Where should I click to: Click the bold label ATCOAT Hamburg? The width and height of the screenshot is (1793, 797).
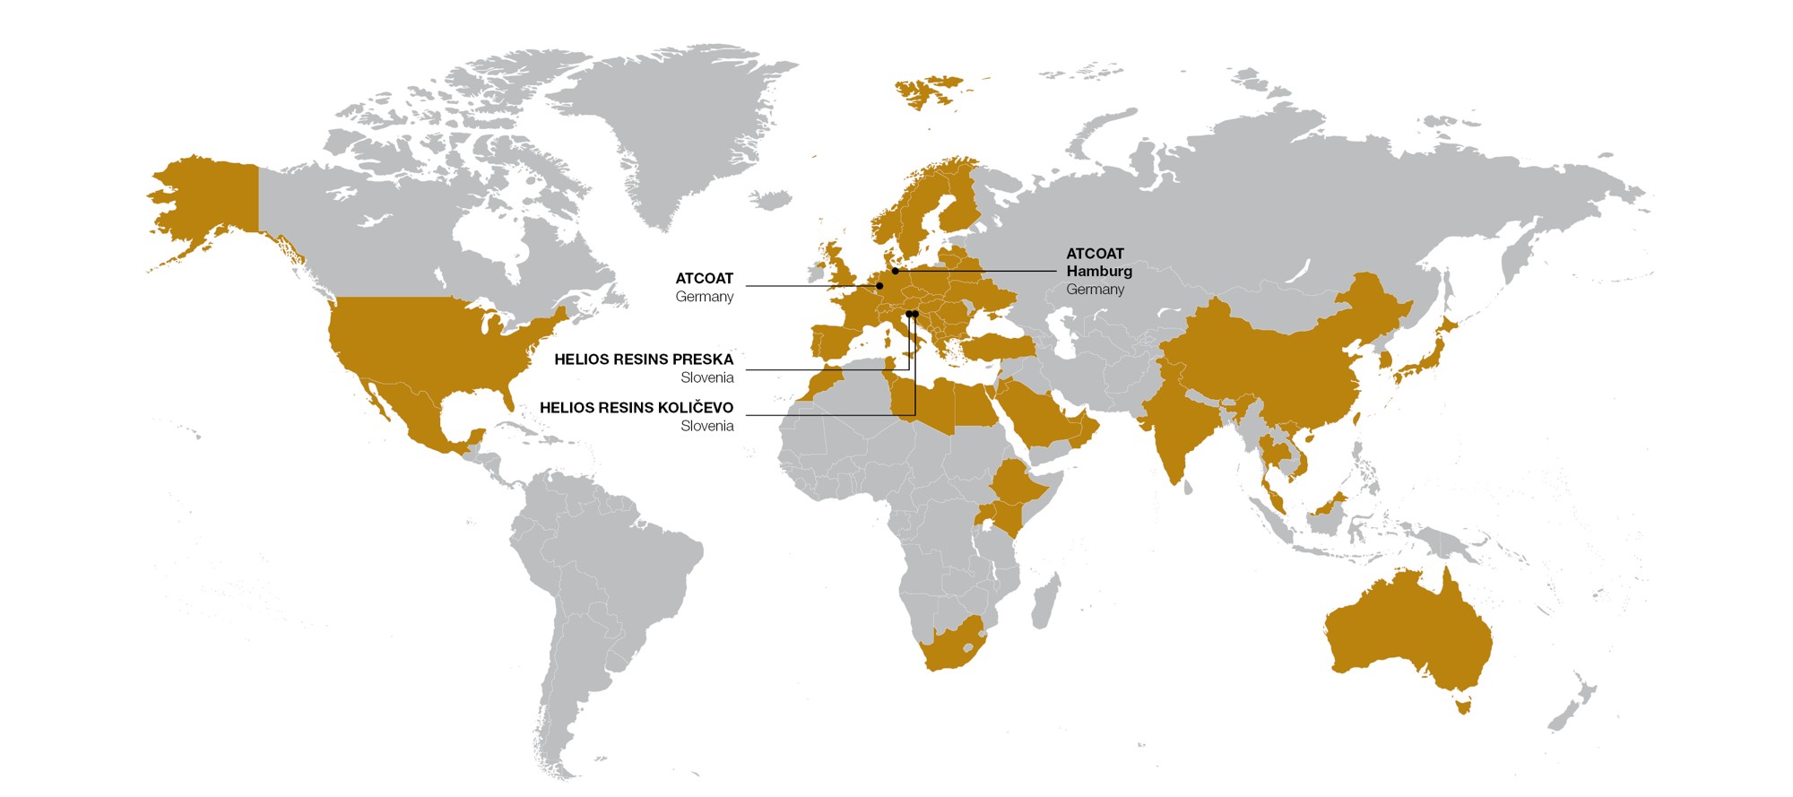click(1098, 263)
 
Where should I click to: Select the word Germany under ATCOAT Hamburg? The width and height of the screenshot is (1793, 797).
click(1095, 290)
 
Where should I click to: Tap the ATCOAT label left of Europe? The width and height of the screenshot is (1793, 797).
click(704, 279)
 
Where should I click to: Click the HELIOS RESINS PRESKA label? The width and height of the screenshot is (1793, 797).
click(643, 360)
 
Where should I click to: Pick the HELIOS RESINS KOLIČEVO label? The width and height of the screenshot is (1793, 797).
click(636, 408)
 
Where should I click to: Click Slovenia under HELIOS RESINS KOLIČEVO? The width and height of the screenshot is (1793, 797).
click(706, 427)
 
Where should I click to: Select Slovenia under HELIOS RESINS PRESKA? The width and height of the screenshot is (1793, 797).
click(706, 378)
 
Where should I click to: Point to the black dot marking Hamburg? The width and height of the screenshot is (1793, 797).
click(895, 271)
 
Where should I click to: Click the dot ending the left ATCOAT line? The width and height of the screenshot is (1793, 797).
click(879, 286)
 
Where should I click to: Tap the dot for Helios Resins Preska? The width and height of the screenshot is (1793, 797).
click(908, 314)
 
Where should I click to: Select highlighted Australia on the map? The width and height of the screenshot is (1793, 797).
click(1408, 628)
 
